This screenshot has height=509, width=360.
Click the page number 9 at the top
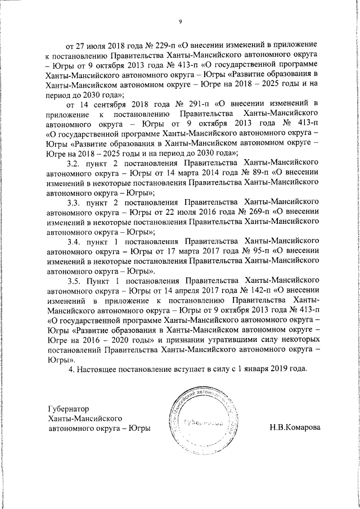coord(180,21)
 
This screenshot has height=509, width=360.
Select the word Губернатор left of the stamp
coord(70,409)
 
